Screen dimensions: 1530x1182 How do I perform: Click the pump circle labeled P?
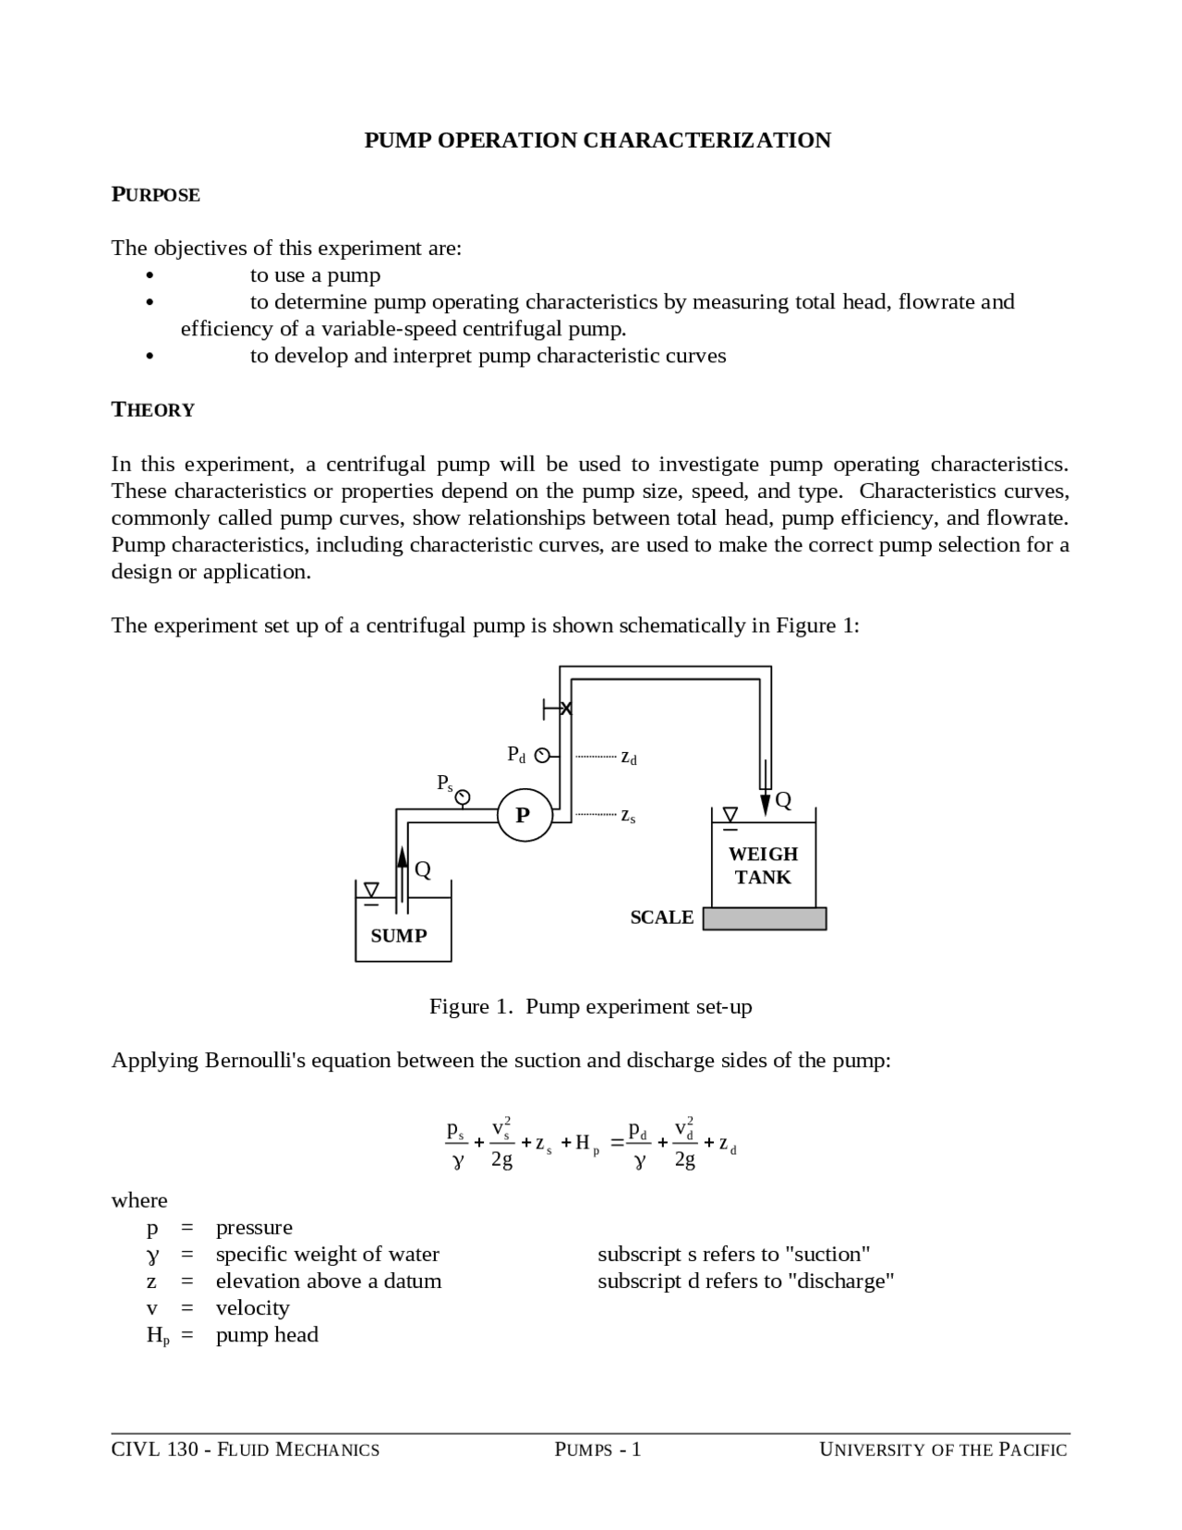tap(524, 815)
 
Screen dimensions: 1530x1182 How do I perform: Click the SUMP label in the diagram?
tap(399, 936)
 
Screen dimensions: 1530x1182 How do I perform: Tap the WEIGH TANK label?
tap(763, 866)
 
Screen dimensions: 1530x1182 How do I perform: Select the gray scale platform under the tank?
tap(765, 918)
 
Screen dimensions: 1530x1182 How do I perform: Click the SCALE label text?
tap(661, 917)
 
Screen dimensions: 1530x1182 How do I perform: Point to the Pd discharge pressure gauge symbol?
tap(543, 756)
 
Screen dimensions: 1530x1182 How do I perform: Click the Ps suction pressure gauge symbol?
tap(463, 797)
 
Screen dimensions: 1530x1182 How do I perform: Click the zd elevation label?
tap(629, 758)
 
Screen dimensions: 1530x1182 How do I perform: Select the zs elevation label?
tap(628, 816)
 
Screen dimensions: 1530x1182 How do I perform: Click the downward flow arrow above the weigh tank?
tap(766, 801)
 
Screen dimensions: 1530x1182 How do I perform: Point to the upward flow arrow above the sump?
tap(402, 856)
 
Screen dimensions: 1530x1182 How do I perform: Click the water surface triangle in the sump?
tap(371, 890)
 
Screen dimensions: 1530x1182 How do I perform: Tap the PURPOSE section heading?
tap(155, 195)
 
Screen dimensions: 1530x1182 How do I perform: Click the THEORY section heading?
tap(153, 410)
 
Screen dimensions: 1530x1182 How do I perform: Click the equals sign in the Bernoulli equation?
tap(617, 1144)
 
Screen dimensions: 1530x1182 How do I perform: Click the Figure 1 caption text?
tap(590, 1006)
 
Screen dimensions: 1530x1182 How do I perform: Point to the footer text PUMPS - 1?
tap(597, 1450)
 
